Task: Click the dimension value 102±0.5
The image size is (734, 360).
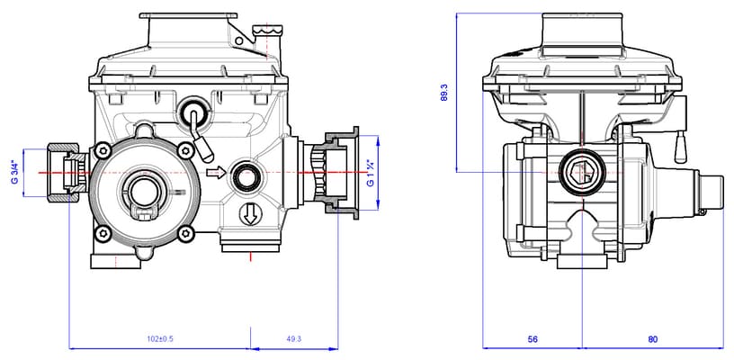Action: tap(159, 339)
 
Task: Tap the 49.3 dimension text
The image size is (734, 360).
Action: tap(293, 339)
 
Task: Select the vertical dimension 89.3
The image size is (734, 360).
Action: tap(444, 92)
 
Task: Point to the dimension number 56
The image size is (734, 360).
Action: tap(533, 339)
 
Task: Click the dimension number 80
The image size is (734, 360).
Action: tap(653, 339)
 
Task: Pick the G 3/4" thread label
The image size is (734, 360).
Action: tap(14, 171)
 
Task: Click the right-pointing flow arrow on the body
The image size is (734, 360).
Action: tap(214, 171)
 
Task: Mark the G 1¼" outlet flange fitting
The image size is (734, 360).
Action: tap(336, 171)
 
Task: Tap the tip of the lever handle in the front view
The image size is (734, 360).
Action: tap(205, 145)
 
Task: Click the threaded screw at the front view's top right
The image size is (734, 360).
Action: tap(267, 34)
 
